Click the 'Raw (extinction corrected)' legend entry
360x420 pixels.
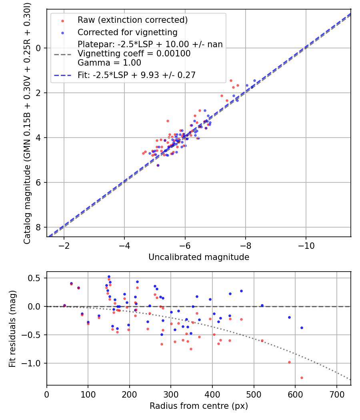(x=132, y=20)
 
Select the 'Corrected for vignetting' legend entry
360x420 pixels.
(x=127, y=32)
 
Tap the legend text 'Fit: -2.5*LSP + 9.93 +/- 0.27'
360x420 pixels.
(x=136, y=75)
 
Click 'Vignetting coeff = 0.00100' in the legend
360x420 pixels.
(x=134, y=53)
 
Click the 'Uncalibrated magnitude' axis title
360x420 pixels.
(x=199, y=257)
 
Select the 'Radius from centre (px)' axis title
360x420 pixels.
(x=199, y=406)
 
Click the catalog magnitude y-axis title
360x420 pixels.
(x=27, y=122)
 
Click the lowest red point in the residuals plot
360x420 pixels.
(x=302, y=378)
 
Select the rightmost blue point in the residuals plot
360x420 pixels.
(x=302, y=328)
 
